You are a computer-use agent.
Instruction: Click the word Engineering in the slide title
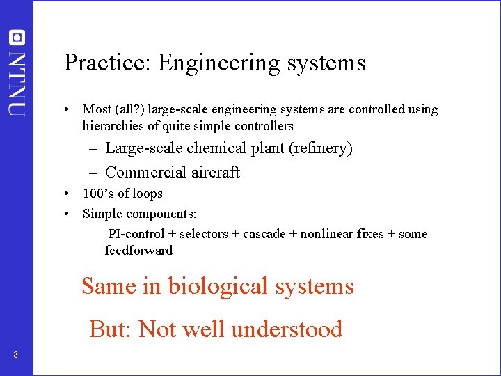tap(218, 64)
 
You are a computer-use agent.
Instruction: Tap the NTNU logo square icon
tap(17, 38)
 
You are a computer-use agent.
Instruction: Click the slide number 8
tap(15, 356)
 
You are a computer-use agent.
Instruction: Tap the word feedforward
tap(138, 251)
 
